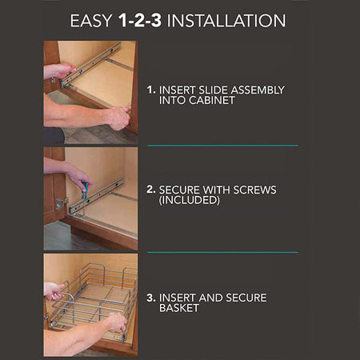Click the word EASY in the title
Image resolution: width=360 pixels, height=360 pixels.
click(90, 21)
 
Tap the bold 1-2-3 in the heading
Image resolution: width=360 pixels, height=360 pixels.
click(140, 20)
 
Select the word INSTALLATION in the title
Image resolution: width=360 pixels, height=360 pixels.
click(226, 21)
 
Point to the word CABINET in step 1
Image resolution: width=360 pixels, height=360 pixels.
click(212, 100)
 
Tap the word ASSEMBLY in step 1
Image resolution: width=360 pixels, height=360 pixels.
click(258, 90)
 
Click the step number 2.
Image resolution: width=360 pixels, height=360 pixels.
click(151, 190)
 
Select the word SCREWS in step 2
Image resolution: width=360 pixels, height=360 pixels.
click(254, 190)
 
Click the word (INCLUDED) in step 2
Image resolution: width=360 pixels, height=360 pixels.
click(190, 200)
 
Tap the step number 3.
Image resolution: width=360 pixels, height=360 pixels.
click(151, 298)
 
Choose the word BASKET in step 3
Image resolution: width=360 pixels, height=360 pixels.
click(179, 308)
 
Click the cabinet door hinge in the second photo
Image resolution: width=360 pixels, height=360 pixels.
click(62, 203)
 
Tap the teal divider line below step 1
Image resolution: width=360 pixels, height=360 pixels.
click(222, 146)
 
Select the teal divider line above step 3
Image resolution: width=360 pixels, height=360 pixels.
click(222, 252)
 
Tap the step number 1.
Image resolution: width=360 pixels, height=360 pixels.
click(151, 90)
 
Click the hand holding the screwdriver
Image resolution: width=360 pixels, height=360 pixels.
click(80, 178)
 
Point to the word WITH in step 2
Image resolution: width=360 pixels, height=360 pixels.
click(216, 190)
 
